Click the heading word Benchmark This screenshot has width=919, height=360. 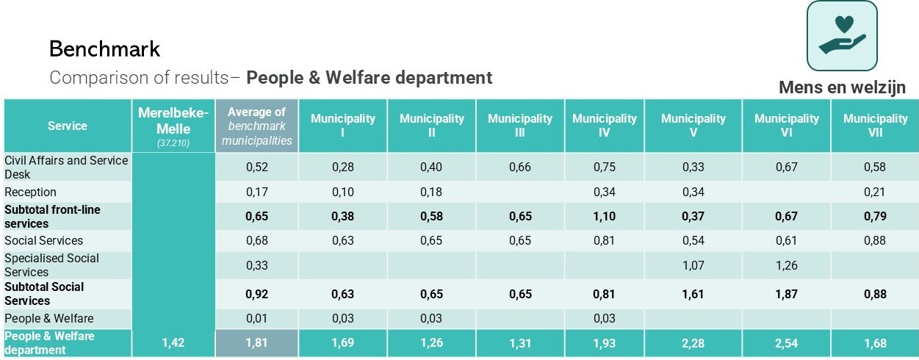(104, 48)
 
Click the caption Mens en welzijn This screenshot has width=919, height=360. (842, 87)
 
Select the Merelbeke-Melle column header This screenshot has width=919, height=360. (173, 120)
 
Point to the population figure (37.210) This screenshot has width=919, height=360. (173, 143)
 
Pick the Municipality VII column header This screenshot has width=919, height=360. (875, 126)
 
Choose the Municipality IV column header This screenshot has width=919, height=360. (605, 126)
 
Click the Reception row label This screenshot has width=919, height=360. (30, 192)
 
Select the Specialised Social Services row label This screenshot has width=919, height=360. (51, 265)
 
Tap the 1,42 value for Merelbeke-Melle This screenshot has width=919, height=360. (173, 343)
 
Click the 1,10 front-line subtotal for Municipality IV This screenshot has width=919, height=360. (605, 216)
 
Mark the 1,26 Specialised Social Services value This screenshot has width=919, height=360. (787, 265)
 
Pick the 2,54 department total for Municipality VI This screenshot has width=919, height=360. (787, 343)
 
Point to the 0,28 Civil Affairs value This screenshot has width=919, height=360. (342, 167)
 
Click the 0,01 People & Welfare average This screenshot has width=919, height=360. (257, 319)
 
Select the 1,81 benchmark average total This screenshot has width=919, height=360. (257, 343)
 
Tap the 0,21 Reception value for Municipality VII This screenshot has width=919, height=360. (875, 192)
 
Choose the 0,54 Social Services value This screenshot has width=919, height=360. (693, 240)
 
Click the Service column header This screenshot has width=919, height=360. (68, 126)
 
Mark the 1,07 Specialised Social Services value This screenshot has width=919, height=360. (693, 265)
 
